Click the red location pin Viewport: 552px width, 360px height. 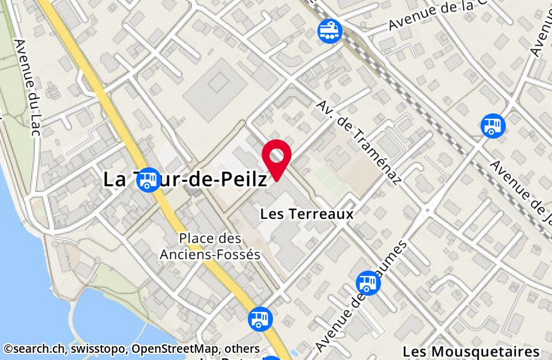point(277,157)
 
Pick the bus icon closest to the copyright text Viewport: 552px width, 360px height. point(259,318)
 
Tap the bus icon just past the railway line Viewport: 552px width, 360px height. point(493,125)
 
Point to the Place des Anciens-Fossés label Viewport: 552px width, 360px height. point(210,247)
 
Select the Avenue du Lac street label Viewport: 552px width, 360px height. point(26,87)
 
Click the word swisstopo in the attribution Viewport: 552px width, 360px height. point(97,349)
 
